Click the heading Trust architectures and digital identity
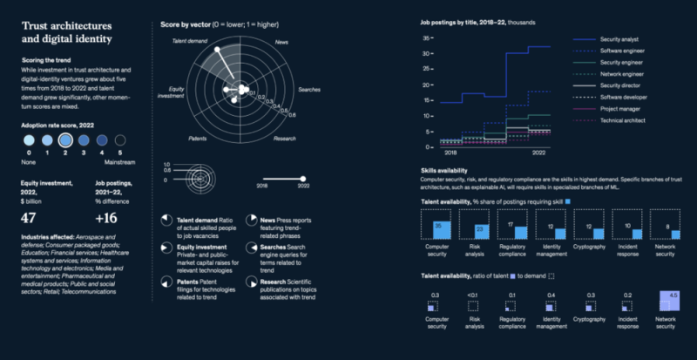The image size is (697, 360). point(71,32)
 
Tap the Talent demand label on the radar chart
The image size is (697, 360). point(188,40)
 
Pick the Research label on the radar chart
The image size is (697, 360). point(284,138)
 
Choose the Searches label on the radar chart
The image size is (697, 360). point(309,89)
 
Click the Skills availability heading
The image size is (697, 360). point(443,170)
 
